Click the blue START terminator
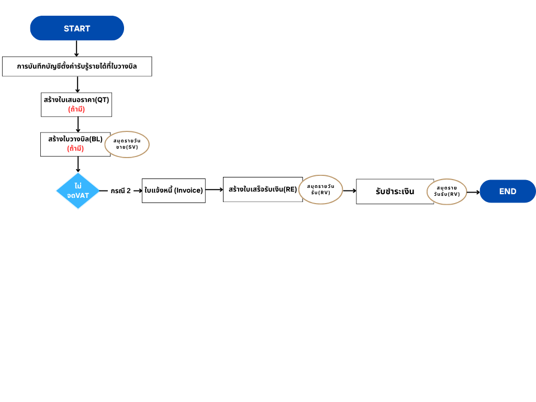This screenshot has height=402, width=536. (77, 28)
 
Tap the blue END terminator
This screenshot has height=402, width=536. (508, 191)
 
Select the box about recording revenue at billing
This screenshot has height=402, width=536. (77, 66)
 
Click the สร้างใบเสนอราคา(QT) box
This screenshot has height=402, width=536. (76, 105)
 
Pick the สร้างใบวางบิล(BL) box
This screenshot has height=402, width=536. (75, 144)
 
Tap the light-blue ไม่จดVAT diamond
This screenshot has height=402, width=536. (78, 191)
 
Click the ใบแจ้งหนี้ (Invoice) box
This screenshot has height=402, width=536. (174, 191)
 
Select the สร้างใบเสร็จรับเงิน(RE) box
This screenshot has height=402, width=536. (263, 189)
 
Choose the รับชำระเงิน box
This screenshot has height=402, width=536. (395, 192)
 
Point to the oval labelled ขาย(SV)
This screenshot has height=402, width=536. (127, 144)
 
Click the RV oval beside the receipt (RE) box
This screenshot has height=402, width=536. (321, 189)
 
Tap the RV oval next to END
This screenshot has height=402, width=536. (447, 192)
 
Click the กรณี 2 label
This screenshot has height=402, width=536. (121, 191)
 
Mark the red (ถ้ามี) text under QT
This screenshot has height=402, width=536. (76, 109)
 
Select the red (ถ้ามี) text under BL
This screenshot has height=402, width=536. (75, 149)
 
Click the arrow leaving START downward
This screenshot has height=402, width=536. (76, 49)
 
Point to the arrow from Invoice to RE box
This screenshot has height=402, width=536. (214, 189)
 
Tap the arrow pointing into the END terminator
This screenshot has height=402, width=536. (473, 192)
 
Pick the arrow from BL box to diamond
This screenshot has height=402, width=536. (78, 164)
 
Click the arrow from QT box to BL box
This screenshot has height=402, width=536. (78, 125)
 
